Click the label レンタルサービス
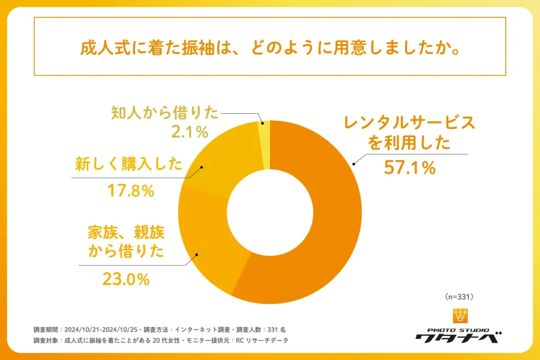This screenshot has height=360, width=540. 409,123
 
